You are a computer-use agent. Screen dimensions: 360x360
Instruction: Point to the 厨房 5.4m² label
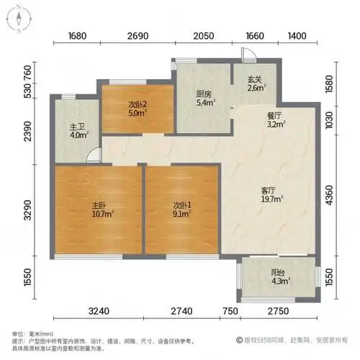coord(204,98)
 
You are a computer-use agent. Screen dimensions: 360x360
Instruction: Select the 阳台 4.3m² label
coord(278,277)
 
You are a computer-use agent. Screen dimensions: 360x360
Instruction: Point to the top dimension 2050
coord(203,37)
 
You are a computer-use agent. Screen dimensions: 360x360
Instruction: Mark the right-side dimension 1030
coord(330,117)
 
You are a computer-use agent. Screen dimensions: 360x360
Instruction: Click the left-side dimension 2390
coord(27,132)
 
